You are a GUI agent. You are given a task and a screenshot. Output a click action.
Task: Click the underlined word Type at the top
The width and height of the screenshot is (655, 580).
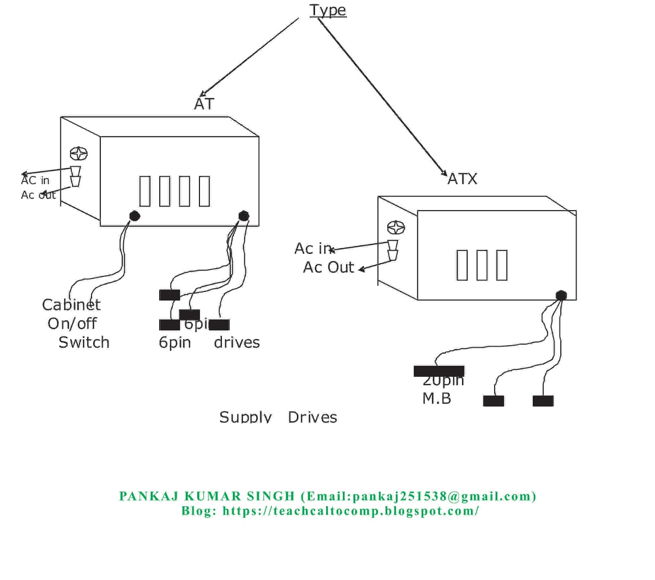click(327, 10)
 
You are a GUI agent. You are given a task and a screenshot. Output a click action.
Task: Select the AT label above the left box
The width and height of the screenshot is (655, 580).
click(204, 104)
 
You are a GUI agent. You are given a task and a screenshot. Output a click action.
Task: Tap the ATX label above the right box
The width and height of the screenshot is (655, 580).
click(462, 179)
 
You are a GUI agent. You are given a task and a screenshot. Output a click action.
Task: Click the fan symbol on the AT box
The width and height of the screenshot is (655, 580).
click(79, 154)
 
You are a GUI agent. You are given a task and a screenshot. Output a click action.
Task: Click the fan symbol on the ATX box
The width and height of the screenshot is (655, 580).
click(396, 227)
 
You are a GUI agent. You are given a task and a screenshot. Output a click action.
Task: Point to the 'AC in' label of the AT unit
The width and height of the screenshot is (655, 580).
click(35, 180)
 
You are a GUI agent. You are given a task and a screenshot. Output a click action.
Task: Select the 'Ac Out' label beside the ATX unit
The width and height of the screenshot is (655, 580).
click(328, 267)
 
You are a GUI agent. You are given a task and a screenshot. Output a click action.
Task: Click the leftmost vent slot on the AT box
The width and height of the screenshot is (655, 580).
click(145, 191)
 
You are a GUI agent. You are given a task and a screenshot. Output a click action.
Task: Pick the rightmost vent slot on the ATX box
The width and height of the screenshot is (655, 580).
click(501, 265)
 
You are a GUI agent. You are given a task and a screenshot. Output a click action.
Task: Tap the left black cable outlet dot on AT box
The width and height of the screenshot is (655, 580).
click(135, 216)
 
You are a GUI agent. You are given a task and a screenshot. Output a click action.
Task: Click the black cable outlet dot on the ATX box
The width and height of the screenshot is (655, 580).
click(561, 295)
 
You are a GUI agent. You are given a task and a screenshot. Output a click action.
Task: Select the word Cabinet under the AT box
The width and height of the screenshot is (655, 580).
click(71, 305)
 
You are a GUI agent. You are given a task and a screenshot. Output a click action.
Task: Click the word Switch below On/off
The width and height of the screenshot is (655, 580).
click(84, 342)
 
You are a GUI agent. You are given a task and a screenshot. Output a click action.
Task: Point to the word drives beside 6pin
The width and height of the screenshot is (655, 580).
click(237, 342)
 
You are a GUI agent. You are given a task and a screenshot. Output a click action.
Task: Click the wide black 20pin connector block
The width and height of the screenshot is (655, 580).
click(439, 371)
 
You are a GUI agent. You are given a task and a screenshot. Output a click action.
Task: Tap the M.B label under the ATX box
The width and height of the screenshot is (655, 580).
click(436, 399)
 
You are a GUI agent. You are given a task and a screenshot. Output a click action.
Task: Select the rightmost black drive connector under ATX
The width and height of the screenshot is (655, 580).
click(543, 401)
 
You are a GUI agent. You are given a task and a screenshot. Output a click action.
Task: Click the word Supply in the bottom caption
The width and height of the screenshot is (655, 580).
click(245, 417)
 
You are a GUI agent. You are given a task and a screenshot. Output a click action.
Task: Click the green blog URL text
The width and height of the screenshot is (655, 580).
click(350, 511)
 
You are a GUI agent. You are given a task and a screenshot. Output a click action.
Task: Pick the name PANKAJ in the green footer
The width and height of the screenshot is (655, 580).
click(149, 496)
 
